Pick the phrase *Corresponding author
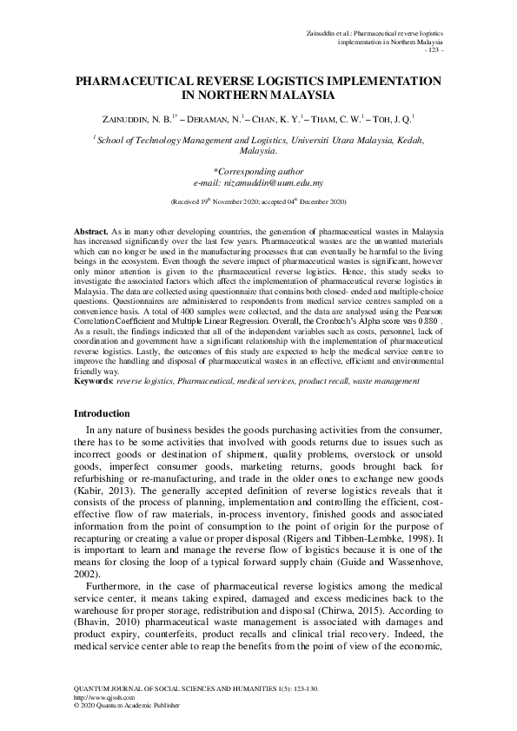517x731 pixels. (x=258, y=173)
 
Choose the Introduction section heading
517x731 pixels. (x=102, y=413)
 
